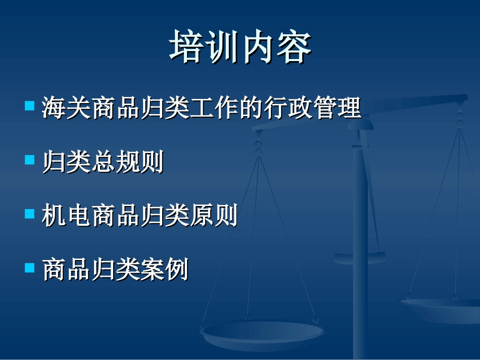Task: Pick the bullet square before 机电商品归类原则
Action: pyautogui.click(x=29, y=214)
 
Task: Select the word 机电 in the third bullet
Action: pyautogui.click(x=66, y=216)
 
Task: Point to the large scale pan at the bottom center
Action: pyautogui.click(x=262, y=333)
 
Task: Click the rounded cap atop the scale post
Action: pyautogui.click(x=360, y=124)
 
